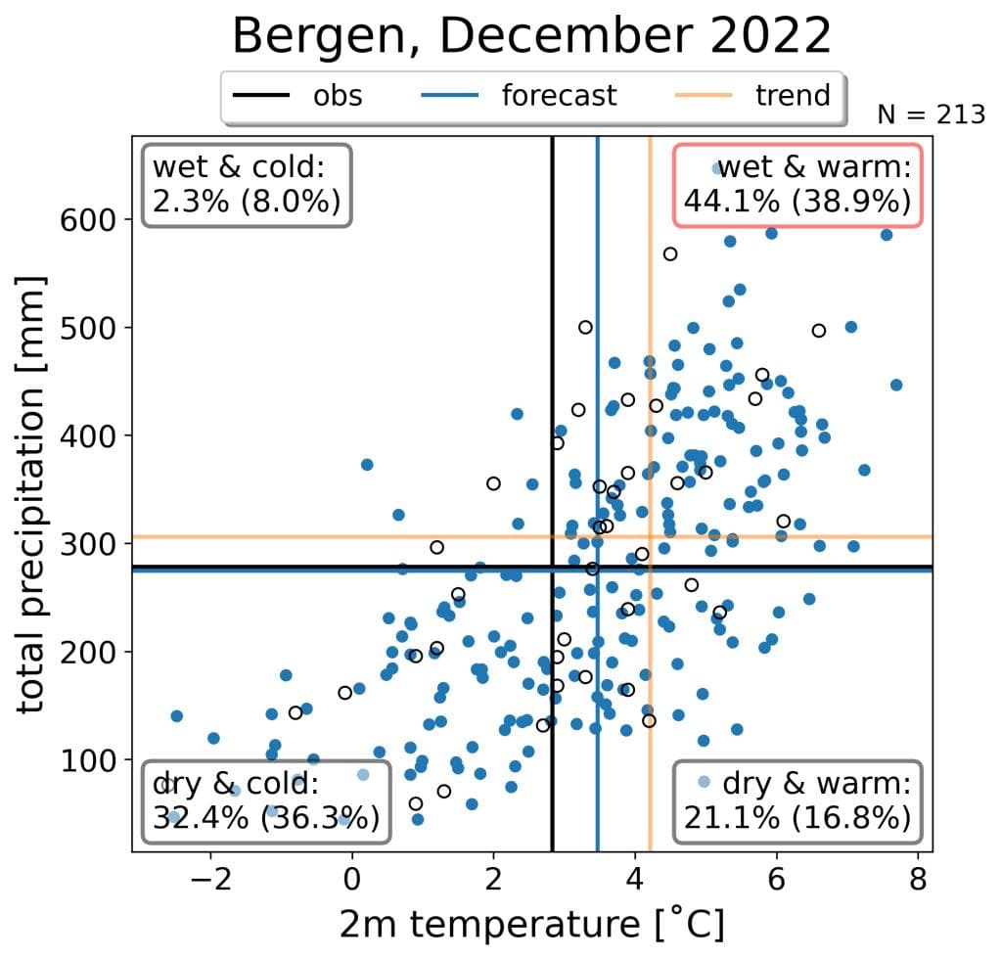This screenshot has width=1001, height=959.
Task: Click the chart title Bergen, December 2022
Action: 531,36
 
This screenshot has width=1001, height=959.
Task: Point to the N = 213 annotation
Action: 931,114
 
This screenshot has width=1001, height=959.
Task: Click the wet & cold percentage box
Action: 247,185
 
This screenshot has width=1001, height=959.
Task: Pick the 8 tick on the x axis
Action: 918,876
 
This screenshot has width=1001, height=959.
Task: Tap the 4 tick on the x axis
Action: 635,876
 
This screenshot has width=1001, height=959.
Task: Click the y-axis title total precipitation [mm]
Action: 35,494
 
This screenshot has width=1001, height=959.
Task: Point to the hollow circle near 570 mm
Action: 670,254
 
